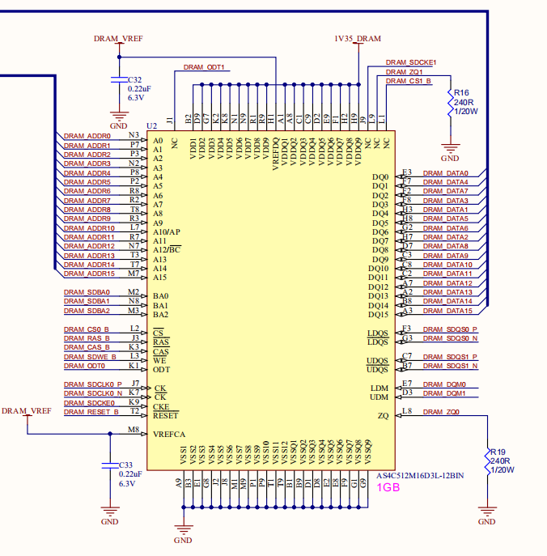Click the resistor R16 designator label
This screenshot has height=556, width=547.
(x=461, y=92)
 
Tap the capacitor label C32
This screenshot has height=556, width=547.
(x=135, y=79)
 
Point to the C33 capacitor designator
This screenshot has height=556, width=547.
(x=127, y=465)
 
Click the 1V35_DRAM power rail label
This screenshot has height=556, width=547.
(x=357, y=38)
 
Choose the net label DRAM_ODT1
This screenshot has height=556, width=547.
(x=204, y=67)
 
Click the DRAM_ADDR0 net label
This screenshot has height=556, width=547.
(x=87, y=135)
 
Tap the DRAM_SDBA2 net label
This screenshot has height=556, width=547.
(x=87, y=311)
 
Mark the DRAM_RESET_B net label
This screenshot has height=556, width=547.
(x=91, y=412)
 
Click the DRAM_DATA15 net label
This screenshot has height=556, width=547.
(x=447, y=311)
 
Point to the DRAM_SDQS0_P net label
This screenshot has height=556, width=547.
(x=450, y=329)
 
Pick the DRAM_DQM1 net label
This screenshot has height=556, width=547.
(x=444, y=393)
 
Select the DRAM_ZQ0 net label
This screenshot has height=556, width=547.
(x=441, y=412)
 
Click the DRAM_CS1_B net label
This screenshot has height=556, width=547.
(x=409, y=81)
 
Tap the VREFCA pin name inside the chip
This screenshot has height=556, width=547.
(x=169, y=435)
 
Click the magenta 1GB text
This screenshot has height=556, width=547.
(x=389, y=488)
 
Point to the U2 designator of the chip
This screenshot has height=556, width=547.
(x=151, y=127)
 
